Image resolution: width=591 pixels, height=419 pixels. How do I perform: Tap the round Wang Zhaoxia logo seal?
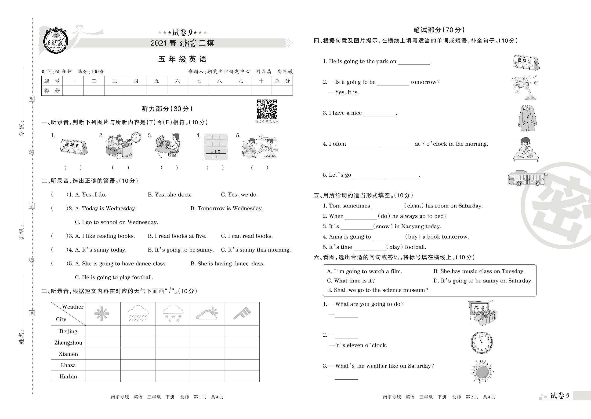56,41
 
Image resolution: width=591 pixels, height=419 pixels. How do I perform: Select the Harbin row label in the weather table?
68,376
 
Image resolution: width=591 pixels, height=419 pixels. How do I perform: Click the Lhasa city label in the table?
68,365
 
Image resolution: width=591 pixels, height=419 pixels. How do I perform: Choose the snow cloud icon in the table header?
173,313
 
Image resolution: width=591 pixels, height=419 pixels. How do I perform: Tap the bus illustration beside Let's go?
527,178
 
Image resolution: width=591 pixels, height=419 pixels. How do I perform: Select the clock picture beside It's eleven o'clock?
482,343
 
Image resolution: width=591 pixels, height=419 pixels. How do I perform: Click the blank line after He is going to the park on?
414,62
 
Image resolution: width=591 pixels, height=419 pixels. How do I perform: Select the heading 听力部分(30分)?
167,109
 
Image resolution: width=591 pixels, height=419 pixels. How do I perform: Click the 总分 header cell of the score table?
282,81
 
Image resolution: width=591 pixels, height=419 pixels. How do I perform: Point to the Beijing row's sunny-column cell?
103,331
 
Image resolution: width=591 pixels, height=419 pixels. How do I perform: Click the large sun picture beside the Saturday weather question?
482,372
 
